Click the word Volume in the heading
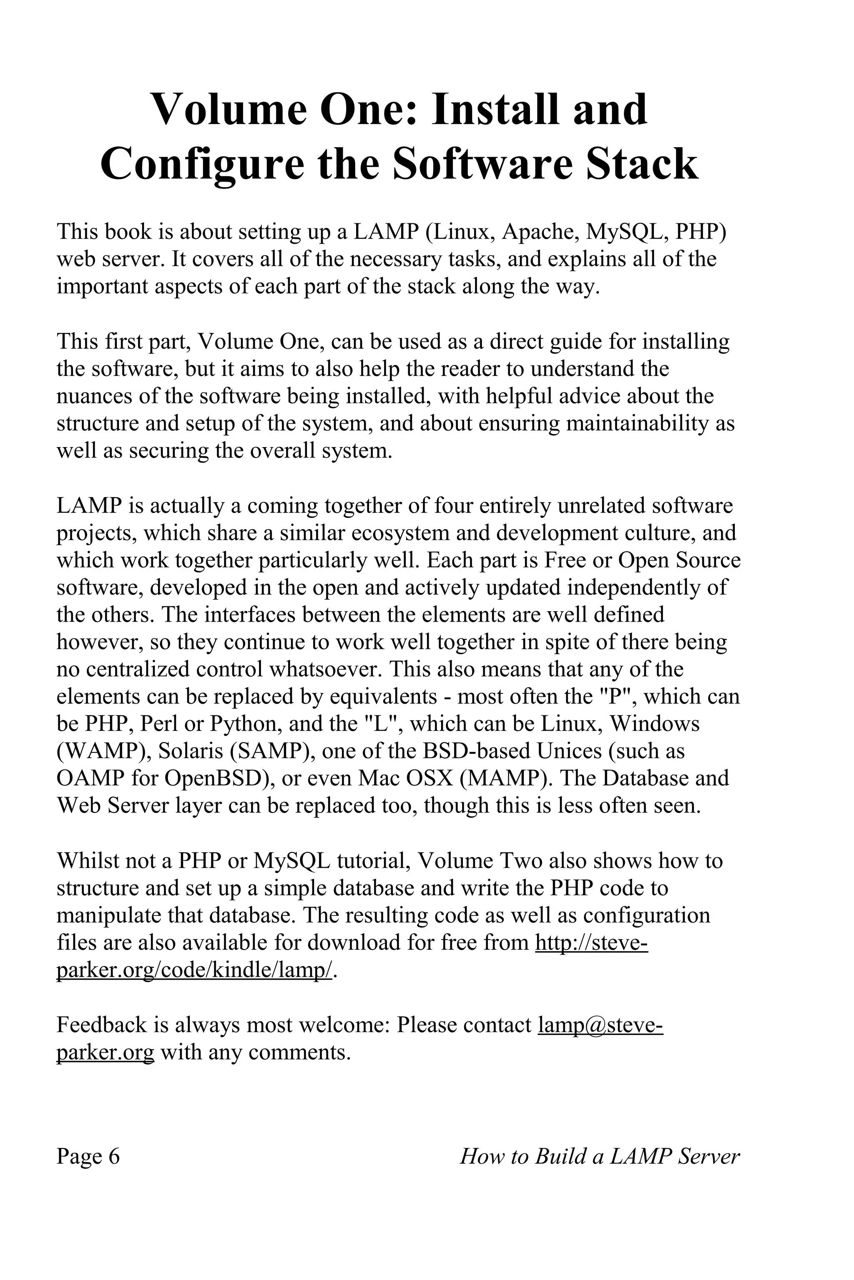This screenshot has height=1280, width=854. [x=228, y=110]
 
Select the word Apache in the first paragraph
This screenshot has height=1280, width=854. [x=540, y=232]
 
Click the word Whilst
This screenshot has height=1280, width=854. [x=87, y=861]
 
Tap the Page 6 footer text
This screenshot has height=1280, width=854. [x=88, y=1157]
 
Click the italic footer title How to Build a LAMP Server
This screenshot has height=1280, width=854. [x=600, y=1157]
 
